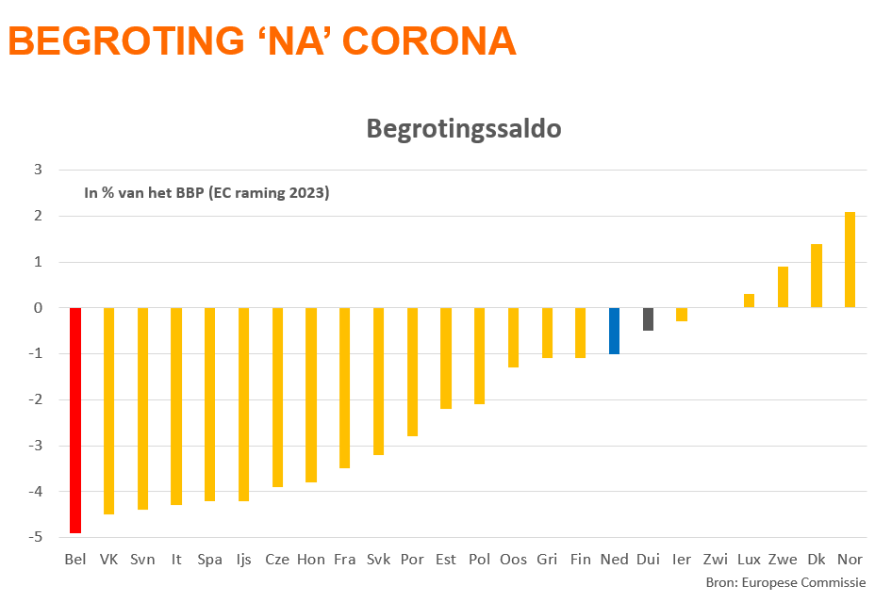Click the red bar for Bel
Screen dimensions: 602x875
point(75,420)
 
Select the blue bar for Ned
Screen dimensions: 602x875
point(615,331)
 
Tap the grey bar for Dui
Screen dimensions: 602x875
point(649,319)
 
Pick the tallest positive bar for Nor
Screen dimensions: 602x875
point(850,260)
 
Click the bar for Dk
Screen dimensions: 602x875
point(817,276)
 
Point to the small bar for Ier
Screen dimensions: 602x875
point(682,315)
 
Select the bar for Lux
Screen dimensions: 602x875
point(750,301)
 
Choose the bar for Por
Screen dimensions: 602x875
point(412,372)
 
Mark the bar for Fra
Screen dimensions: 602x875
point(345,388)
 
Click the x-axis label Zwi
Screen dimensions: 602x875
point(716,560)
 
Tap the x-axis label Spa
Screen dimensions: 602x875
point(210,560)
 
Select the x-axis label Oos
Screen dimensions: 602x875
point(514,560)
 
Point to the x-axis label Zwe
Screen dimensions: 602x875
point(783,560)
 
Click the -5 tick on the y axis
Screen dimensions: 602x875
point(39,537)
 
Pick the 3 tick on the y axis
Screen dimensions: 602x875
point(39,170)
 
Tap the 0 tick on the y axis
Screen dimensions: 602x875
point(39,308)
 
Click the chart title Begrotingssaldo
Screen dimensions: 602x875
point(464,129)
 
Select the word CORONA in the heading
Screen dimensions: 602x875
point(430,41)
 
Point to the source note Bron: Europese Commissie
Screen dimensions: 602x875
point(785,583)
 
